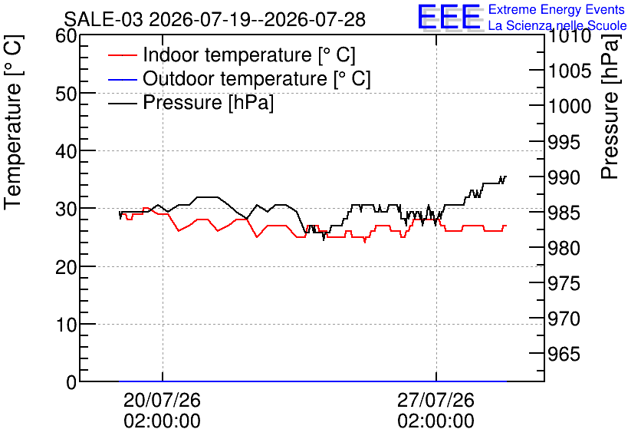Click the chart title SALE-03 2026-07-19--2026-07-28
coord(215,19)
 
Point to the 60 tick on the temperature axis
coord(66,36)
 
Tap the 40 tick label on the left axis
coord(66,151)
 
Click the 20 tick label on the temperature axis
coord(66,267)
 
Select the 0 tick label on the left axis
coord(71,382)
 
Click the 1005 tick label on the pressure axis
coord(564,71)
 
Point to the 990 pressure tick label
coord(564,177)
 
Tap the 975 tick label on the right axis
coord(564,283)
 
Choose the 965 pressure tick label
coord(564,354)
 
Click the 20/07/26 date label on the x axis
coord(163,400)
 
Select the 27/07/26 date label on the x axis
coord(436,400)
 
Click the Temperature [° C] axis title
coord(13,122)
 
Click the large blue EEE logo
coord(449,17)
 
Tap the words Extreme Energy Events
coord(557,9)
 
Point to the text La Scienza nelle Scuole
coord(557,25)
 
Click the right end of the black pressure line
coord(506,177)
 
